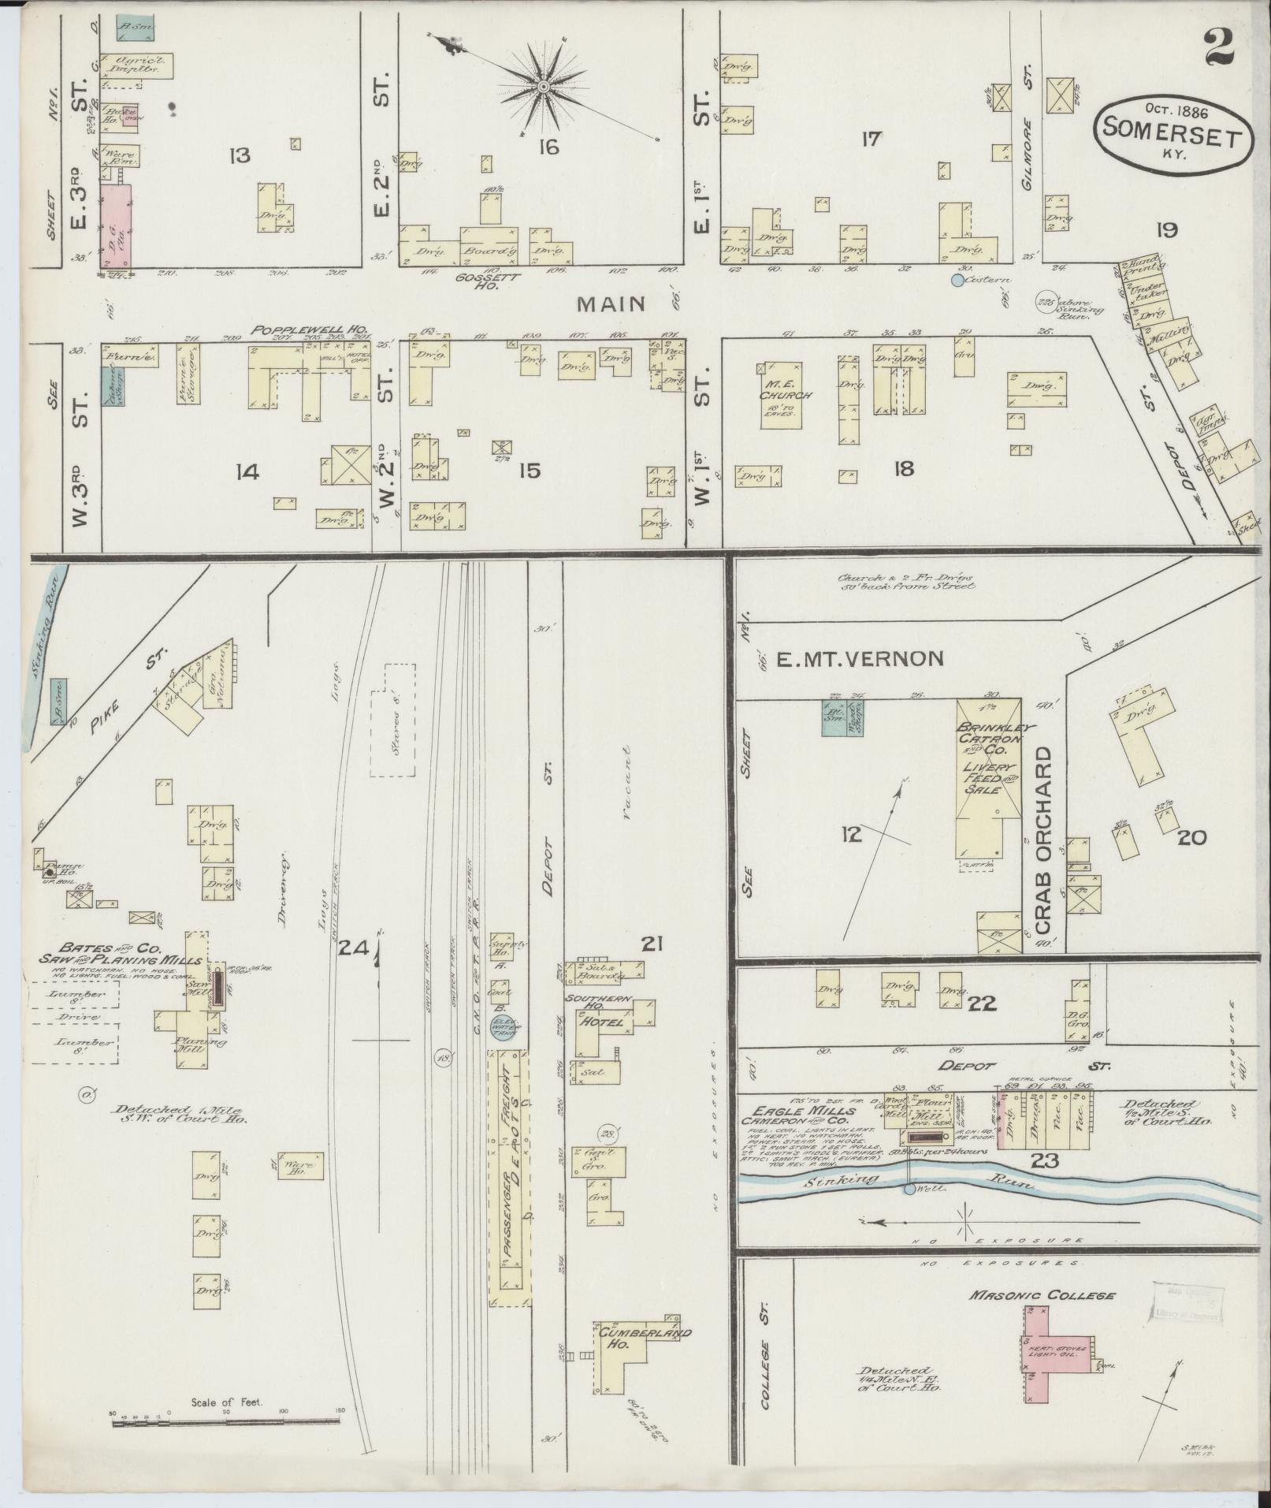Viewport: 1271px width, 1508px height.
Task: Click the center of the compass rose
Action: [544, 85]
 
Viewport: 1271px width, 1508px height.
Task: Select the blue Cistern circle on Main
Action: [957, 279]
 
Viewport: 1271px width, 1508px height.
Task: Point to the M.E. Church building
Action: [781, 395]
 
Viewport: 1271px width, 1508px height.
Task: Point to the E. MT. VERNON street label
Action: [860, 659]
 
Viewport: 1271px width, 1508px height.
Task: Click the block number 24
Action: [353, 950]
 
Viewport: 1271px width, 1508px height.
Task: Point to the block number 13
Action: [239, 155]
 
